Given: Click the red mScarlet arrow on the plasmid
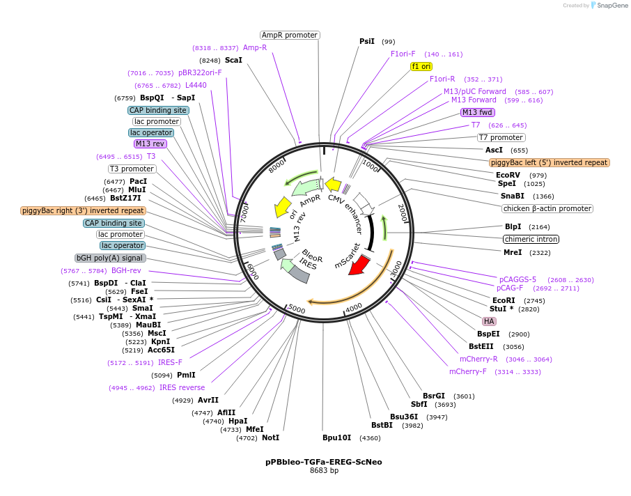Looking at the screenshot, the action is pyautogui.click(x=359, y=264).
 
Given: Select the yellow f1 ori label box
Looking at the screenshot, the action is pyautogui.click(x=421, y=66).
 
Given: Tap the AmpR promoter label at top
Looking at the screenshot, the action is pyautogui.click(x=290, y=35).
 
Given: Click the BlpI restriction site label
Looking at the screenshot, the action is pyautogui.click(x=513, y=226).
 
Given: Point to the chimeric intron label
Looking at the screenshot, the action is pyautogui.click(x=531, y=239).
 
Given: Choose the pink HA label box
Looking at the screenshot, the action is pyautogui.click(x=489, y=321).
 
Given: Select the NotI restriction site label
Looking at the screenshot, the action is pyautogui.click(x=270, y=437).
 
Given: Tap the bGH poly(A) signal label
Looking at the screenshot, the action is pyautogui.click(x=111, y=258).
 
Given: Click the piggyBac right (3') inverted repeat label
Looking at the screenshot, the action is pyautogui.click(x=83, y=210).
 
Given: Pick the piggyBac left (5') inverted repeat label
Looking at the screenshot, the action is pyautogui.click(x=549, y=162).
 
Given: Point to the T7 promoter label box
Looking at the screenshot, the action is pyautogui.click(x=501, y=137).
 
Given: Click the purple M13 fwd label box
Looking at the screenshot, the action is pyautogui.click(x=478, y=112).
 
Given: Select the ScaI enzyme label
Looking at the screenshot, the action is pyautogui.click(x=233, y=60).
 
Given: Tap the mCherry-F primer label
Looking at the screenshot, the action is pyautogui.click(x=468, y=371).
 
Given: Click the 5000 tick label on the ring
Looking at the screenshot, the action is pyautogui.click(x=296, y=309).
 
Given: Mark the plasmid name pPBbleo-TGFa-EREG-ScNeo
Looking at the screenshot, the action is pyautogui.click(x=323, y=462).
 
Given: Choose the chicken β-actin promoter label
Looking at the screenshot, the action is pyautogui.click(x=547, y=208).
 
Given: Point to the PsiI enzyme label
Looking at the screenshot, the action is pyautogui.click(x=367, y=41).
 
